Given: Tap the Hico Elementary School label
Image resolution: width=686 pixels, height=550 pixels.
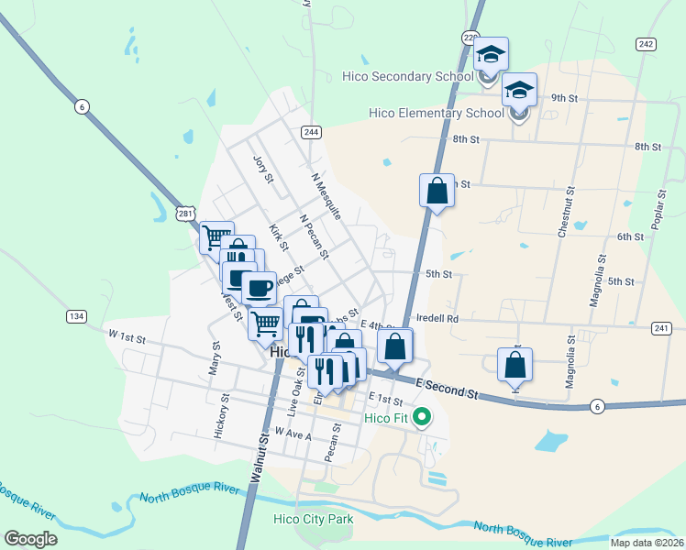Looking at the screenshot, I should coord(436,114).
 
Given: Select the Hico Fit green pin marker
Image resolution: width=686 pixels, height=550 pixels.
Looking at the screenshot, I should coord(422,419).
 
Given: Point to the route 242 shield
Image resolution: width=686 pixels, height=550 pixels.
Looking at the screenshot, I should coord(646,44).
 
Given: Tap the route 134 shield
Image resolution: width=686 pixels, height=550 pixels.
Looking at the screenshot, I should coord(76,316).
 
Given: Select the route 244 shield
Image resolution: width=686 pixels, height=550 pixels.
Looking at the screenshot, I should coord(311,132).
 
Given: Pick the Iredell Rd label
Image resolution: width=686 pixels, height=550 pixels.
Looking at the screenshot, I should coord(436,319).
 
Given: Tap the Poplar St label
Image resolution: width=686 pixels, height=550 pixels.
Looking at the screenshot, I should coord(658,211).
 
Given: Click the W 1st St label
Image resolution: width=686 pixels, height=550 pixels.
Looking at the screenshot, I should coord(127,338).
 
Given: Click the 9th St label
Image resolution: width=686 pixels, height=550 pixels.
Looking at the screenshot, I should coord(564,97).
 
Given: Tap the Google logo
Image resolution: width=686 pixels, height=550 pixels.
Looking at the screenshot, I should coord(30,539).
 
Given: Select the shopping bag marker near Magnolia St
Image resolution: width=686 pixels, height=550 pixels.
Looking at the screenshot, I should coord(514,364).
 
